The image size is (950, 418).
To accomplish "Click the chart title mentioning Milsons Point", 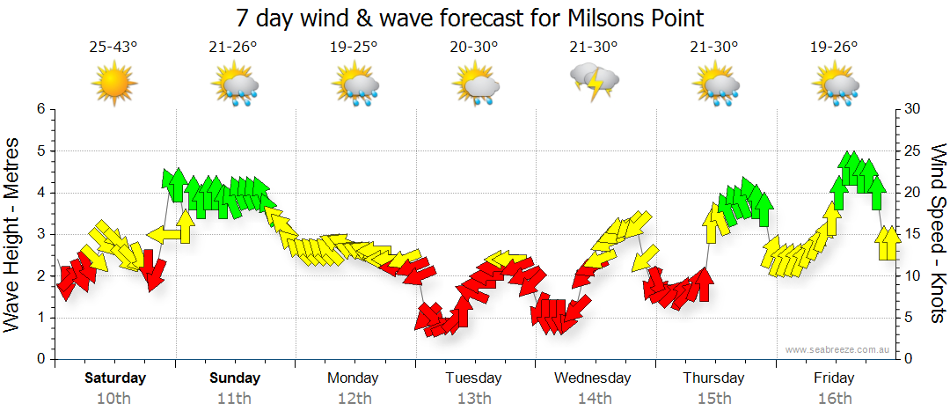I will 470,18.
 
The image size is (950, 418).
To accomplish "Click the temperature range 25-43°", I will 113,48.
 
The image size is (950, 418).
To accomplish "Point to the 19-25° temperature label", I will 354,48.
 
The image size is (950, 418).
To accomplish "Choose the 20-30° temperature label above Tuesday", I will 473,48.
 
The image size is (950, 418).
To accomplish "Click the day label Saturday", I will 114,378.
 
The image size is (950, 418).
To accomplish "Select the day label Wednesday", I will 593,378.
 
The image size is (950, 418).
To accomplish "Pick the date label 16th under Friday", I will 834,398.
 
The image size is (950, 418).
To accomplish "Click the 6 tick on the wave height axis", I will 40,109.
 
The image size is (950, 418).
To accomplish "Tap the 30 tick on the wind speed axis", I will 912,109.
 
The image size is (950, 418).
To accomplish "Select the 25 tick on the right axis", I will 912,150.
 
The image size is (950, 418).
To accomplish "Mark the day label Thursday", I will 713,378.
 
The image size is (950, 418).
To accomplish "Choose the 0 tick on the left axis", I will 40,359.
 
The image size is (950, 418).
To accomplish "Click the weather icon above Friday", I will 834,85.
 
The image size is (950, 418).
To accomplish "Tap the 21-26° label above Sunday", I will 234,48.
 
